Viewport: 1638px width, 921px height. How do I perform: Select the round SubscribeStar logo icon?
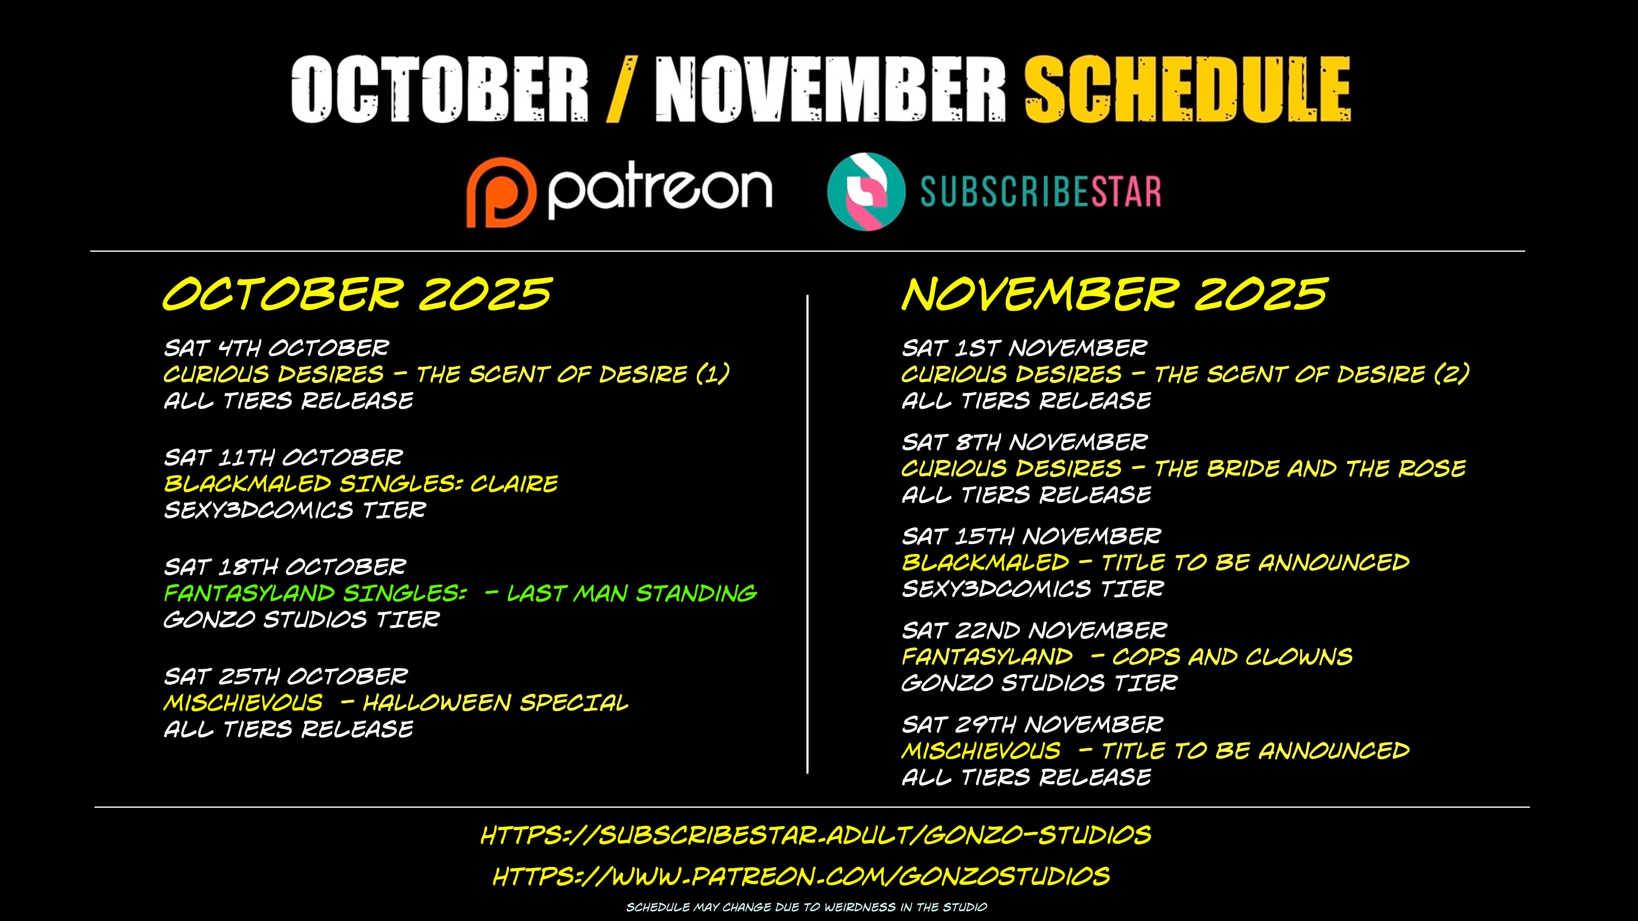pos(865,191)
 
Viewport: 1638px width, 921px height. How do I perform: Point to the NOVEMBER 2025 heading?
pos(1114,294)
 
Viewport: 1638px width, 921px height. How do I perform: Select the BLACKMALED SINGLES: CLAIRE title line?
pos(360,484)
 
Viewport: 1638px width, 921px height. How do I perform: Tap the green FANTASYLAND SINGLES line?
pos(460,593)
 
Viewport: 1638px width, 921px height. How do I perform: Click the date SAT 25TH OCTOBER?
pos(285,676)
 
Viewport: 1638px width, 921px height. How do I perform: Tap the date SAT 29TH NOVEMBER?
pos(1032,724)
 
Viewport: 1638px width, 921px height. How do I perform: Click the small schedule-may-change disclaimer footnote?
pos(806,907)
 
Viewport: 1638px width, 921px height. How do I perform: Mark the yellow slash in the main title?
pos(621,89)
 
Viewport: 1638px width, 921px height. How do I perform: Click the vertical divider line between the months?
pos(807,534)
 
